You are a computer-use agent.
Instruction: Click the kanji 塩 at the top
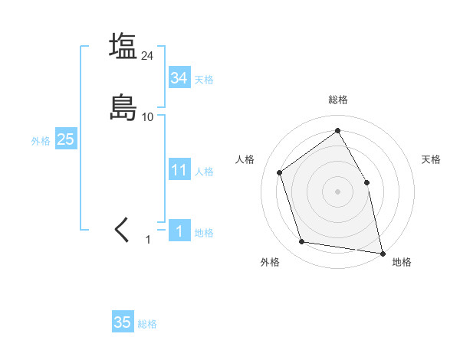click(x=123, y=46)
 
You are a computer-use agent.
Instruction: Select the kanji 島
click(x=123, y=107)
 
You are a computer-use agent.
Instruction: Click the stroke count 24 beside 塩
click(x=148, y=56)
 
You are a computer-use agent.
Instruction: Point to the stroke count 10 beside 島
click(x=148, y=117)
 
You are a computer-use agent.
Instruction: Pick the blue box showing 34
click(x=179, y=78)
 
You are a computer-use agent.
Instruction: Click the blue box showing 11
click(x=179, y=170)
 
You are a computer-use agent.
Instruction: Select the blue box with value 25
click(x=65, y=139)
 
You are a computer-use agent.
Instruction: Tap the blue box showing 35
click(x=123, y=322)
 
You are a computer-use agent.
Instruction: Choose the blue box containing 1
click(x=179, y=231)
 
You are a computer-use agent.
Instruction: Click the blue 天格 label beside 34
click(x=204, y=80)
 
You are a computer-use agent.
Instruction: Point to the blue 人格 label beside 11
click(x=204, y=172)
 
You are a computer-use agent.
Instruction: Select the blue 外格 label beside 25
click(x=41, y=141)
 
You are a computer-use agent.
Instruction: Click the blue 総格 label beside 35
click(x=147, y=324)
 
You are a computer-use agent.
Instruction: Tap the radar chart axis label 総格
click(x=337, y=100)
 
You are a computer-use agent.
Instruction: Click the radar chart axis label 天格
click(x=431, y=159)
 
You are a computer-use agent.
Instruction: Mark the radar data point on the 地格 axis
click(x=383, y=253)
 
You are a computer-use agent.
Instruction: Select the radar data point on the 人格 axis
click(x=280, y=172)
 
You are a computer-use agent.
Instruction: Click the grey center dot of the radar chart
click(x=337, y=191)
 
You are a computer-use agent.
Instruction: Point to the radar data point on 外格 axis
click(x=302, y=242)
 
